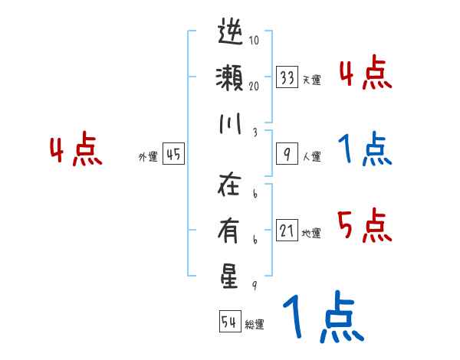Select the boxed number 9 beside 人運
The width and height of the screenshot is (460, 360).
(287, 155)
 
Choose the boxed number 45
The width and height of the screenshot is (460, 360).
(173, 155)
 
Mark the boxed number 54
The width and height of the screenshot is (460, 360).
(228, 322)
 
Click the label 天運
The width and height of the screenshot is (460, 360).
(311, 80)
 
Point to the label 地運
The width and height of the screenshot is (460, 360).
(311, 233)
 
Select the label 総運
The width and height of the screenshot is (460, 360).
(255, 325)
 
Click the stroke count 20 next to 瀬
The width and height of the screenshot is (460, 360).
(253, 87)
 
